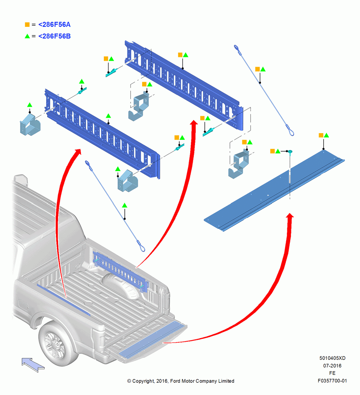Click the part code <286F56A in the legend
[54, 24]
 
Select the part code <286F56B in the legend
[54, 36]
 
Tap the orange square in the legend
[27, 24]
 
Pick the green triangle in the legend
[27, 36]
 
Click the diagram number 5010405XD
[332, 358]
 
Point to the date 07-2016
[332, 365]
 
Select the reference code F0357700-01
[332, 381]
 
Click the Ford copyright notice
[181, 381]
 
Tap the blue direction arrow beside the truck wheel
[33, 365]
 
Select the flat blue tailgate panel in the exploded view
[274, 191]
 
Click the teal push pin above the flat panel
[290, 152]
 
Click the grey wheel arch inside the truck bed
[120, 285]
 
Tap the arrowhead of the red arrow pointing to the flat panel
[290, 216]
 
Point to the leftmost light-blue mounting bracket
[30, 124]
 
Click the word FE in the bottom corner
[332, 373]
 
